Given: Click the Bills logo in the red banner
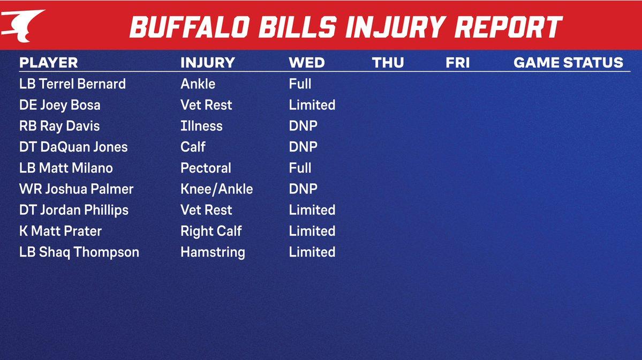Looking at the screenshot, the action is pyautogui.click(x=22, y=25).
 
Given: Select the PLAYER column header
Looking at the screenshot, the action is pyautogui.click(x=48, y=63).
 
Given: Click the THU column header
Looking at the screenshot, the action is pyautogui.click(x=388, y=63).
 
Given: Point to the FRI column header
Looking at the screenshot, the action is pyautogui.click(x=457, y=63).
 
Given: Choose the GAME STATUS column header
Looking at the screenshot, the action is pyautogui.click(x=568, y=63).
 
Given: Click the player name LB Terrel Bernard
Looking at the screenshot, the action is pyautogui.click(x=72, y=84).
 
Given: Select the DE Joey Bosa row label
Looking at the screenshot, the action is pyautogui.click(x=60, y=105).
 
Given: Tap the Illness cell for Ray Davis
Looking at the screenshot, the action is pyautogui.click(x=201, y=126).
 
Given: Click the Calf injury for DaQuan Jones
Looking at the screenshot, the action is pyautogui.click(x=193, y=147).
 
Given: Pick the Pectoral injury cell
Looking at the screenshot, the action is pyautogui.click(x=206, y=168).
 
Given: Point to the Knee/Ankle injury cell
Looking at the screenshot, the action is pyautogui.click(x=217, y=189).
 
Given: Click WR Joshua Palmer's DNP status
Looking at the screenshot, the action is pyautogui.click(x=303, y=189).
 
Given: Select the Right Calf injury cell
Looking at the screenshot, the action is pyautogui.click(x=211, y=231).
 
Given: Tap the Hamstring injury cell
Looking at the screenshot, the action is pyautogui.click(x=213, y=252).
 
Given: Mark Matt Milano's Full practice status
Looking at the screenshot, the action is pyautogui.click(x=300, y=168).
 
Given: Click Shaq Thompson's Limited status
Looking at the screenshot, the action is pyautogui.click(x=312, y=252).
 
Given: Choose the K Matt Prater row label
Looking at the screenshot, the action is pyautogui.click(x=60, y=231).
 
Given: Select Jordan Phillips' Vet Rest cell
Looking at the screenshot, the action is pyautogui.click(x=206, y=210).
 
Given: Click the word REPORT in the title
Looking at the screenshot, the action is pyautogui.click(x=509, y=27).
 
